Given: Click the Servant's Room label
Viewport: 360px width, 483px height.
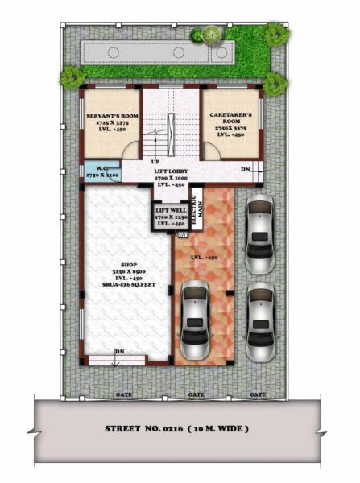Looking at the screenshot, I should click(x=110, y=117).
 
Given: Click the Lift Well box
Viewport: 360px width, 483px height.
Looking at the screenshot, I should click(x=171, y=214).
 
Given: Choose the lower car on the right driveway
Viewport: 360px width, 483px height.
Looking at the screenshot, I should click(x=261, y=316).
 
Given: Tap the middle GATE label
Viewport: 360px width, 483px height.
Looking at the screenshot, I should click(x=195, y=394).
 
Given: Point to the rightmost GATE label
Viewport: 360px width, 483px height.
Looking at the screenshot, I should click(x=257, y=394).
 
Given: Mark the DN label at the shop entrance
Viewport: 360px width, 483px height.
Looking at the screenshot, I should click(x=119, y=351).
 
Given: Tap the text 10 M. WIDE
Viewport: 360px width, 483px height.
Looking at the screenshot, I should click(x=220, y=428).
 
